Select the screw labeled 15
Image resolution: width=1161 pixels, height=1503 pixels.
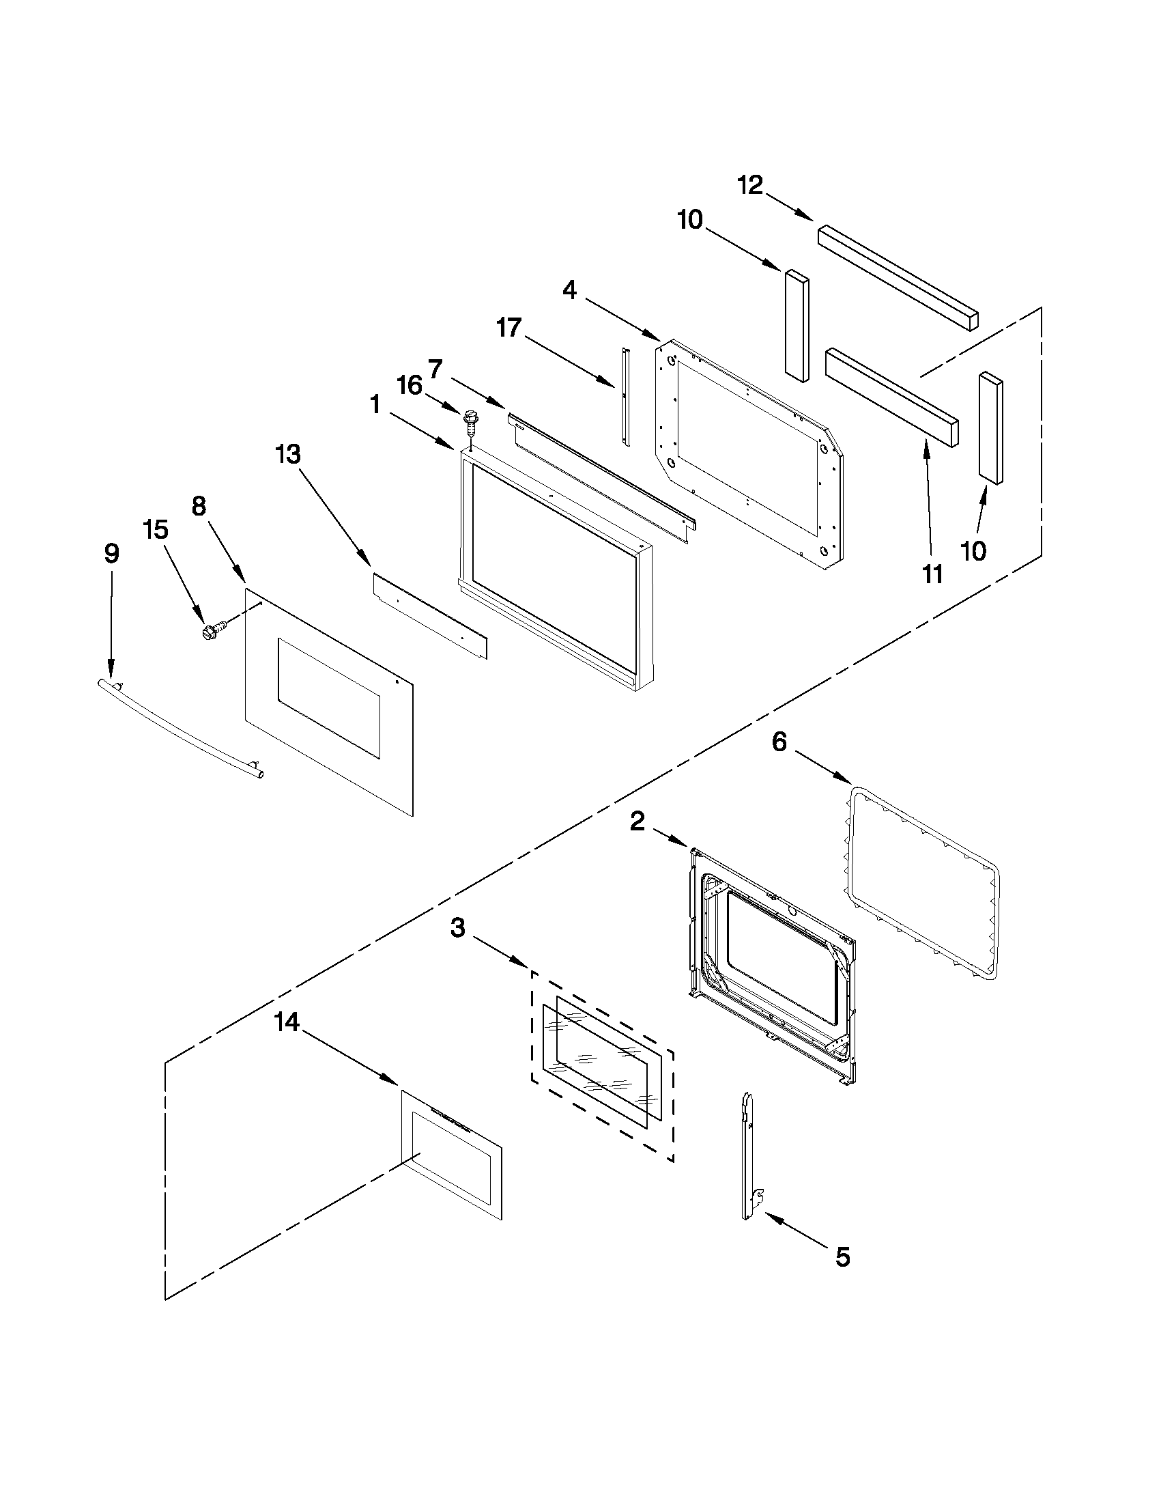211,628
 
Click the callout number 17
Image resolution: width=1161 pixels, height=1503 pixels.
509,328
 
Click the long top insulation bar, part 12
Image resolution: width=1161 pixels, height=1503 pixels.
898,278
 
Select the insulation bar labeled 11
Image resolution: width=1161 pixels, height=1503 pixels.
891,397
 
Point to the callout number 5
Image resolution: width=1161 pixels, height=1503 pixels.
842,1256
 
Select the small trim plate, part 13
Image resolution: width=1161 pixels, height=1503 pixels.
430,616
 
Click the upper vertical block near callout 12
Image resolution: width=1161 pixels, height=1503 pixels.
795,324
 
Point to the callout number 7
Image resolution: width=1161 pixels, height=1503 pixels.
435,369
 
